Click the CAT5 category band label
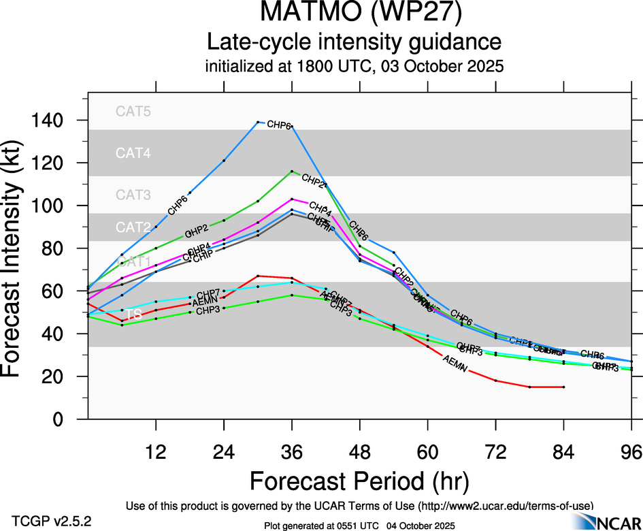coord(133,112)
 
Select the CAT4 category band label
coord(133,153)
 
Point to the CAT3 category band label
coord(133,195)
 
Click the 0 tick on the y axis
coord(67,419)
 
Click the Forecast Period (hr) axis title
coord(359,481)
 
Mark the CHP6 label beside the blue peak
coord(279,125)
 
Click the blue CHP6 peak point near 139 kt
coord(258,122)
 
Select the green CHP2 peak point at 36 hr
coord(291,172)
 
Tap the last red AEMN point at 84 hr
coord(563,387)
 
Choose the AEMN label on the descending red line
coord(455,364)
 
